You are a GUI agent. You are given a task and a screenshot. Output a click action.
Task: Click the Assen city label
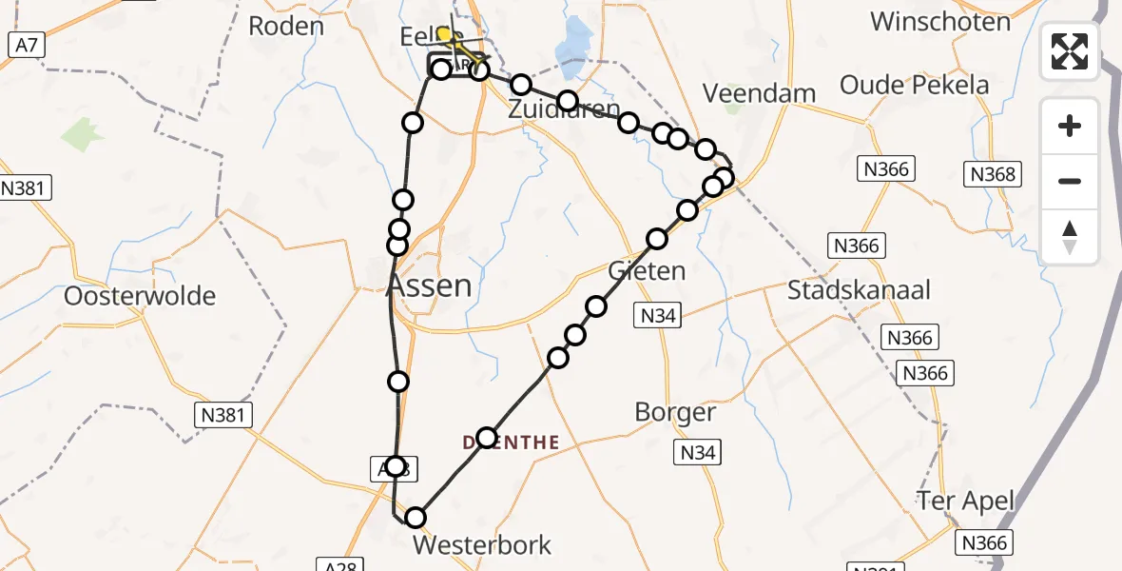[x=429, y=285]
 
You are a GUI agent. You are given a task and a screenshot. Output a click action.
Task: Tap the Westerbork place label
[x=482, y=545]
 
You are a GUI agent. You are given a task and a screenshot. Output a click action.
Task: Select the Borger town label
[x=675, y=412]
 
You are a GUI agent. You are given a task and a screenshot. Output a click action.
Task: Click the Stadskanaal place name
[x=859, y=289]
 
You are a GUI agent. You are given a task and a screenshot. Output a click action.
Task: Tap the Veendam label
[x=759, y=93]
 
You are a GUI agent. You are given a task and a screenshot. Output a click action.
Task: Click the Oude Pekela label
[x=915, y=85]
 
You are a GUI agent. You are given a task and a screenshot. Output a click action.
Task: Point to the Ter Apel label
[x=966, y=501]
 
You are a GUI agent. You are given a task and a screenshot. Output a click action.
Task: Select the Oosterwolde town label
[x=140, y=295]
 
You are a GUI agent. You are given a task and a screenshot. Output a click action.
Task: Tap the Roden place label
[x=285, y=26]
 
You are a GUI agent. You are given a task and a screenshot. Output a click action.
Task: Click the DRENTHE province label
[x=510, y=443]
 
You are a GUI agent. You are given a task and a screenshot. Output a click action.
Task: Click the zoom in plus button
[x=1070, y=126]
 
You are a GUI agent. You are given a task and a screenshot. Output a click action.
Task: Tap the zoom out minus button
[x=1070, y=181]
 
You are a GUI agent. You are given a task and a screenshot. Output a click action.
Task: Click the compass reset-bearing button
[x=1070, y=236]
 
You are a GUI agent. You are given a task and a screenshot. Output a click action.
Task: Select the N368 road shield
[x=994, y=174]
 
